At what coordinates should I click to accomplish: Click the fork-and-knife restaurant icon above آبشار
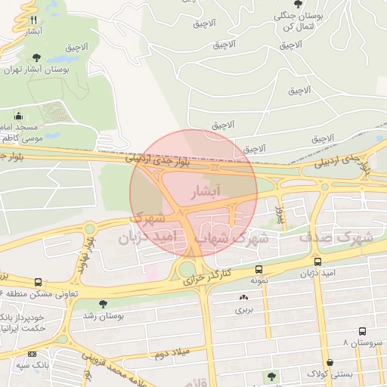pos(33,20)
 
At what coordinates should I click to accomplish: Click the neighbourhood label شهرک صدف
pos(336,237)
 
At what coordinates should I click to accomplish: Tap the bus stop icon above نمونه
pos(259,269)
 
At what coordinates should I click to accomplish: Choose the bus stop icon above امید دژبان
pos(317,262)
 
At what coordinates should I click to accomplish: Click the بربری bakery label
pos(243,309)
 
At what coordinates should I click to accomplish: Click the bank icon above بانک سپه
pos(32,354)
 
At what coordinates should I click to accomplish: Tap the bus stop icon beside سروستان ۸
pos(363,331)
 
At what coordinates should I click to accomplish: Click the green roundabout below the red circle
pos(187,269)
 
